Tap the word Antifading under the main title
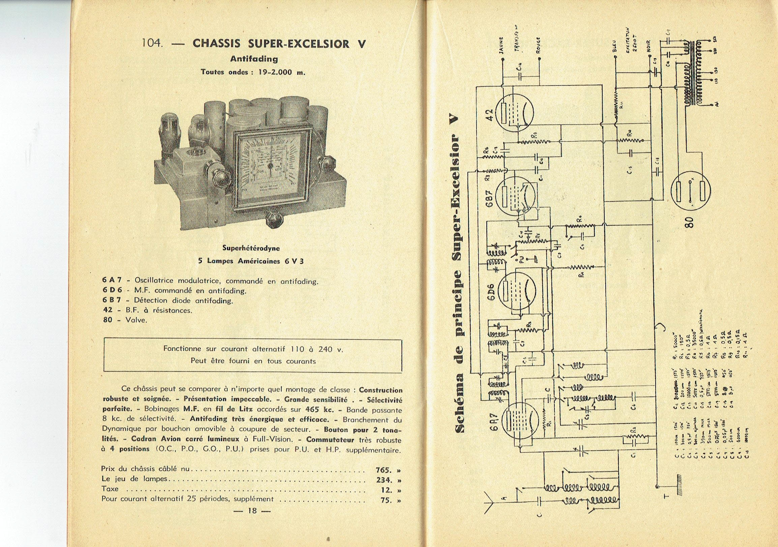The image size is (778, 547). (254, 59)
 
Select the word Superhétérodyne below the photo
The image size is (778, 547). (251, 248)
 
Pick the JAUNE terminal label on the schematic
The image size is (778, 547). (502, 46)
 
